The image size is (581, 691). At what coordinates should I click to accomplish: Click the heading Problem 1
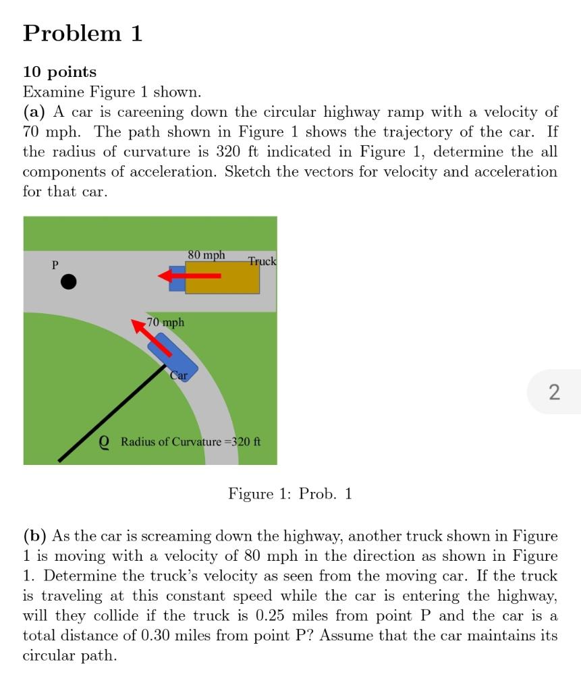(x=82, y=33)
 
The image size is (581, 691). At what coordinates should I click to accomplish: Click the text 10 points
(x=59, y=72)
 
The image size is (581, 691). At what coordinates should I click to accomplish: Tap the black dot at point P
(x=69, y=281)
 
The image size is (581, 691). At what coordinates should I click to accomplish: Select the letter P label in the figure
(x=55, y=265)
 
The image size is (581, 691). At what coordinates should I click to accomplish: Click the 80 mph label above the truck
(x=206, y=255)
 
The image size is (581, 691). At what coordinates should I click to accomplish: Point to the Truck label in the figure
(x=262, y=261)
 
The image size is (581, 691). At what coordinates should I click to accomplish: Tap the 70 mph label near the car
(x=165, y=323)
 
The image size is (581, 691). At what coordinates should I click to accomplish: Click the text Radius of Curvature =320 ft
(x=190, y=442)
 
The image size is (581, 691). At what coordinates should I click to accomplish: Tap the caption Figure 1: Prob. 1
(x=290, y=494)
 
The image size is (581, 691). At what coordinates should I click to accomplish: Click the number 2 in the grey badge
(x=554, y=391)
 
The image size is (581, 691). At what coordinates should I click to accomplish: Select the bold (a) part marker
(x=34, y=112)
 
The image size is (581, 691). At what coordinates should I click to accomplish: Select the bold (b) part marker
(x=35, y=536)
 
